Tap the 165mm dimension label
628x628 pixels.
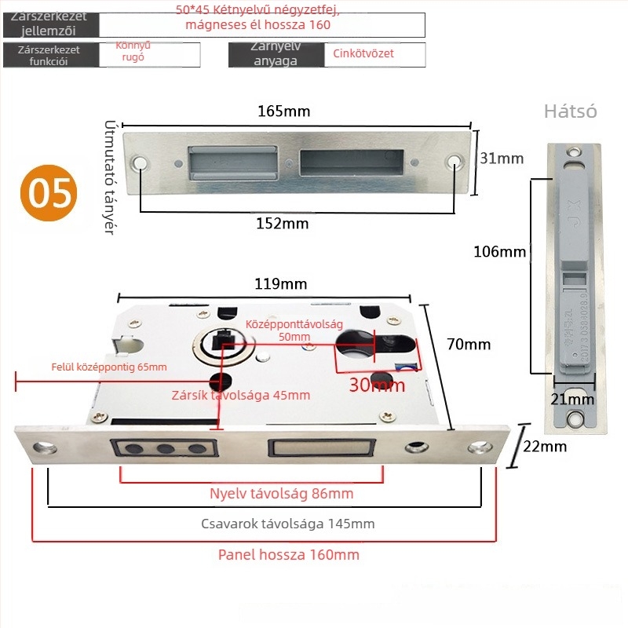[x=283, y=111]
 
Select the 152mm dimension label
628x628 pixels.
[x=282, y=224]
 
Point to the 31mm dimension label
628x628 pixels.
[x=501, y=159]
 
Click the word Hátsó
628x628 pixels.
[x=570, y=111]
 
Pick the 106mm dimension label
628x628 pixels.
[x=499, y=252]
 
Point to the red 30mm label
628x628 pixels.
[x=377, y=385]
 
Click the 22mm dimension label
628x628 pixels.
[x=544, y=447]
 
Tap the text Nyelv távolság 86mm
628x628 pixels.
[x=281, y=494]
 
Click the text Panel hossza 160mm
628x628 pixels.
[x=288, y=555]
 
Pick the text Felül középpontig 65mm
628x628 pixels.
[x=109, y=367]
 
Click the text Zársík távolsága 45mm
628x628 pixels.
[x=240, y=395]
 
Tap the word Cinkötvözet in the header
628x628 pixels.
[x=363, y=53]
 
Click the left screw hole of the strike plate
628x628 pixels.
[x=141, y=163]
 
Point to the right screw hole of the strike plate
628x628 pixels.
[x=455, y=163]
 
